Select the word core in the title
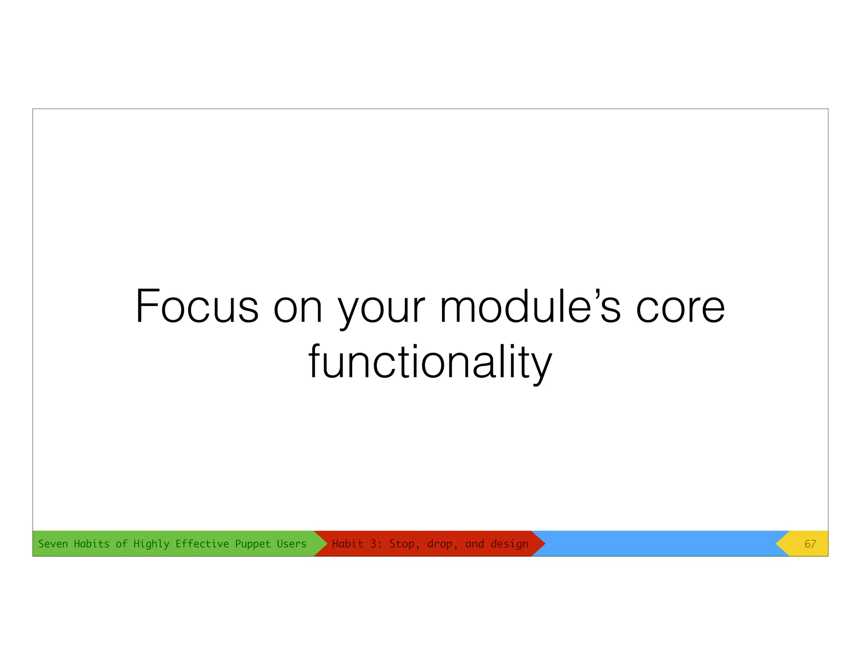pos(680,308)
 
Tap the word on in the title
pos(298,308)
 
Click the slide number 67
pos(810,544)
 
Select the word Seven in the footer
pos(53,544)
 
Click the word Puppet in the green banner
pos(253,544)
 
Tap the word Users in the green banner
pos(291,544)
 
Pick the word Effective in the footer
pos(202,544)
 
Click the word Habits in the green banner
pos(91,544)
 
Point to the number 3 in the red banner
pos(374,544)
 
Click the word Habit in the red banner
pos(347,544)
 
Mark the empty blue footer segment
pos(660,544)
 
